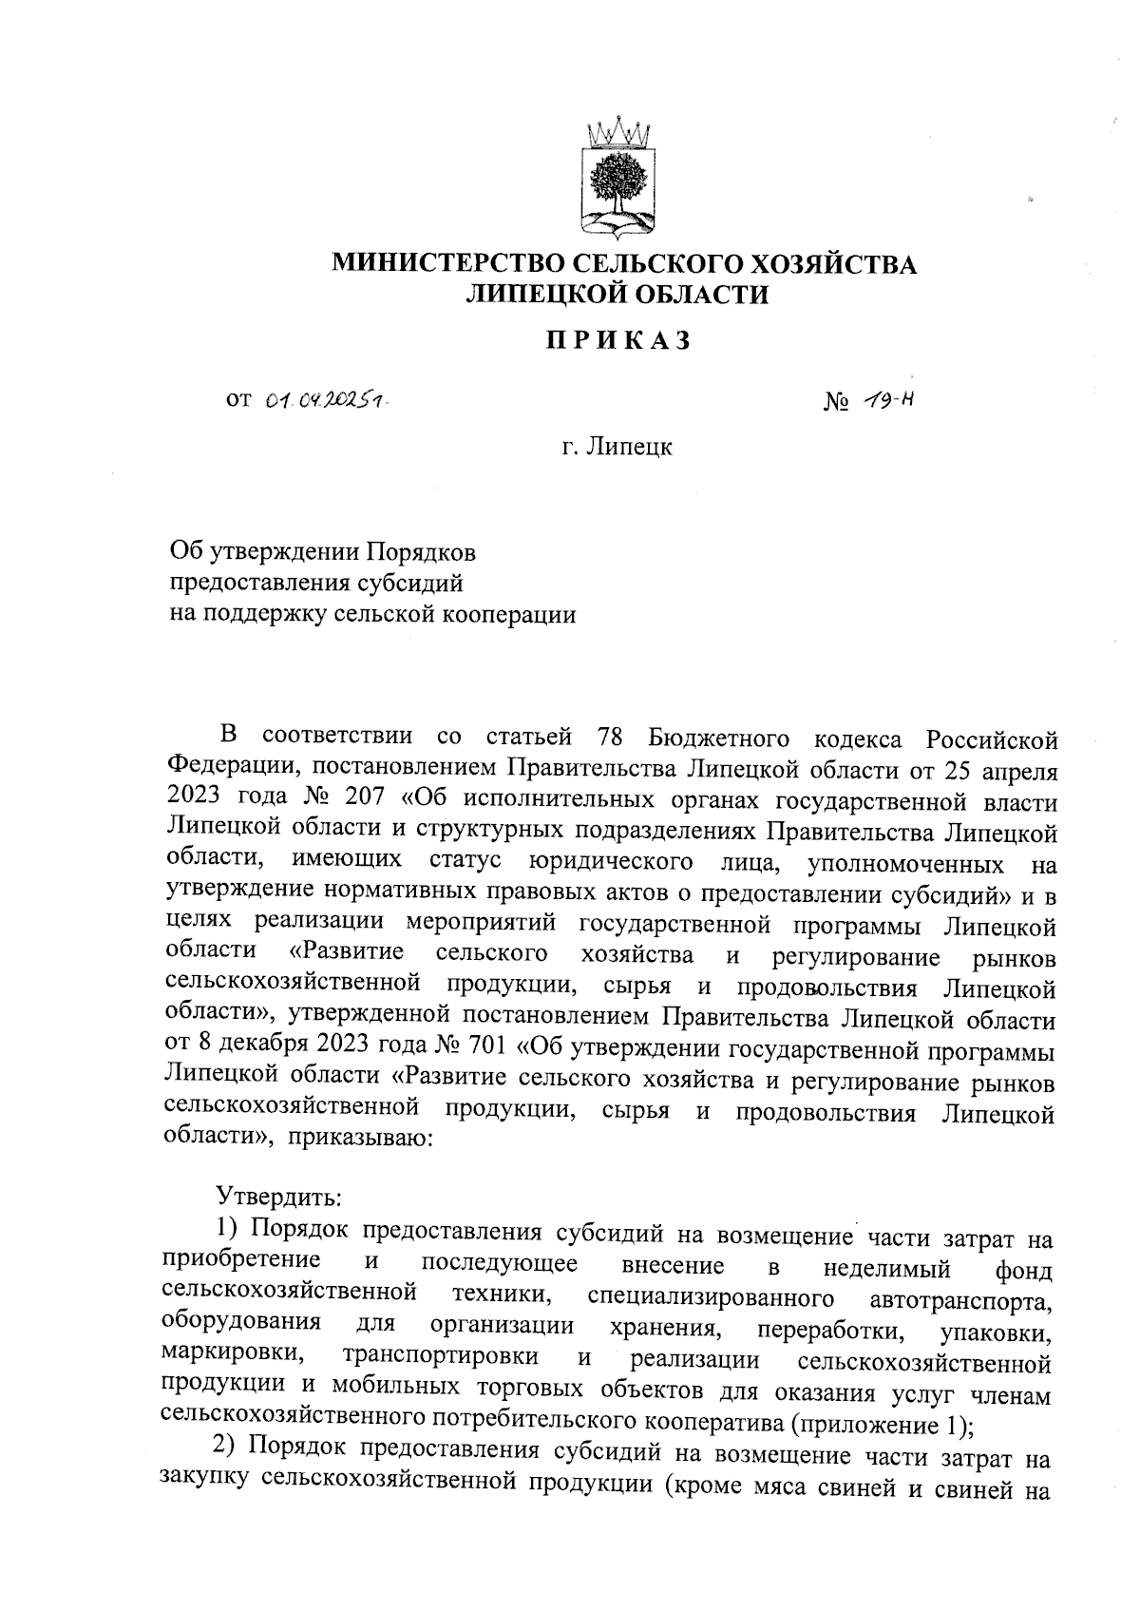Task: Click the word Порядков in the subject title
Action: pyautogui.click(x=422, y=551)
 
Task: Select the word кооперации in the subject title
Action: pyautogui.click(x=511, y=614)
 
